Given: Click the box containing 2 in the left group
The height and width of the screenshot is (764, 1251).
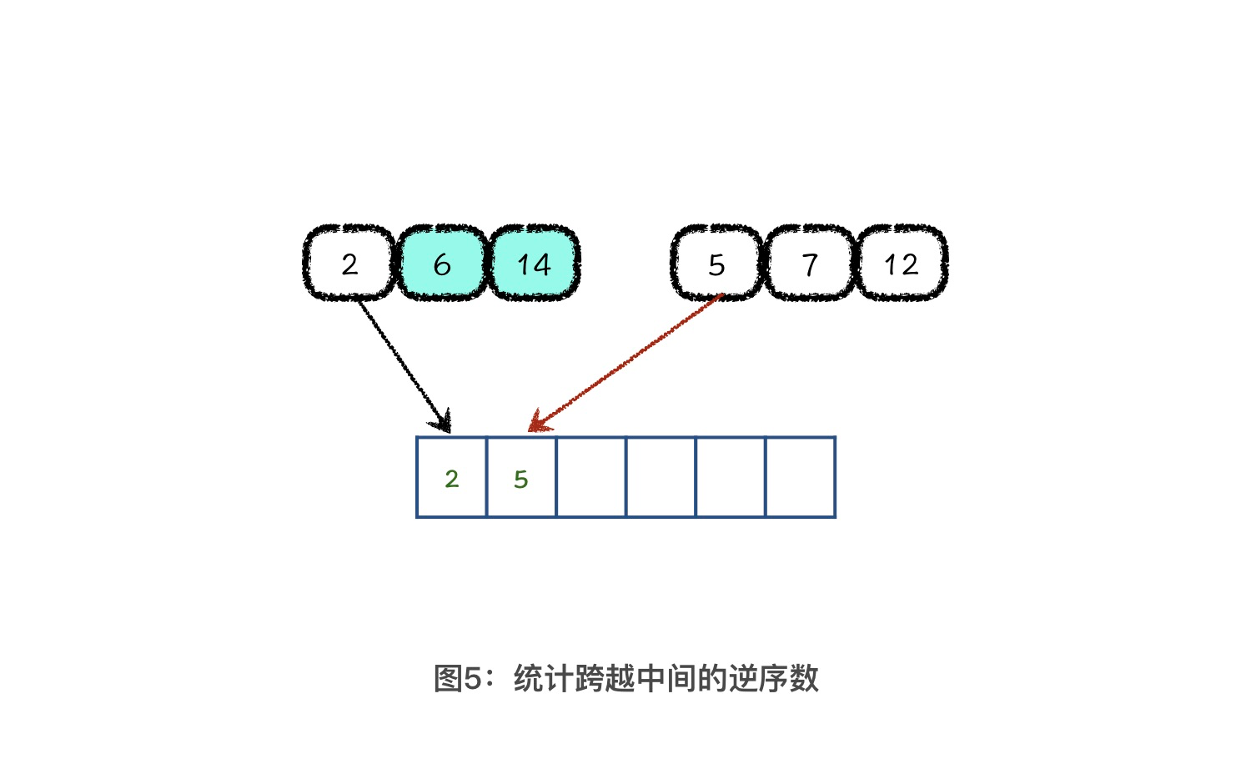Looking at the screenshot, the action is (349, 263).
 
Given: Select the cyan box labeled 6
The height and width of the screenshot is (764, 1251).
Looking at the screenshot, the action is (442, 263).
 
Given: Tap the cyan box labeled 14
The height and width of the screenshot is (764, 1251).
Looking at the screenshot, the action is (535, 263).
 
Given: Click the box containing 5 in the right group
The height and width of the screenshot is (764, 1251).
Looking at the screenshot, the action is (716, 263).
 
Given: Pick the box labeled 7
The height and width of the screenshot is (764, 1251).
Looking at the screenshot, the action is (809, 263).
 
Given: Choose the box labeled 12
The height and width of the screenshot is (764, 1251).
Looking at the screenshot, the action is (902, 263).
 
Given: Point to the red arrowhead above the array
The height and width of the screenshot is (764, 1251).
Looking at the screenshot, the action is (539, 422).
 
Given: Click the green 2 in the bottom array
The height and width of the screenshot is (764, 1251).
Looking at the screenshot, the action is (452, 480).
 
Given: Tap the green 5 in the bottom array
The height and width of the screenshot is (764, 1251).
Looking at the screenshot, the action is (521, 480).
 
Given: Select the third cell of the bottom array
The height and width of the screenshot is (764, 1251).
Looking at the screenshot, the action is (591, 477).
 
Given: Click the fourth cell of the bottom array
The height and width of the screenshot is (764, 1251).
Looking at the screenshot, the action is (661, 477).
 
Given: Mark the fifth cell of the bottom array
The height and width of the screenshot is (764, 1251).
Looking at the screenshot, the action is (731, 477).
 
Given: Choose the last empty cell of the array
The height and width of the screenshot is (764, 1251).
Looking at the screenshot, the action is (801, 477).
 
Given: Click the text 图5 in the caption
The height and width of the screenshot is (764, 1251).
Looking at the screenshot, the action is (458, 679).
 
